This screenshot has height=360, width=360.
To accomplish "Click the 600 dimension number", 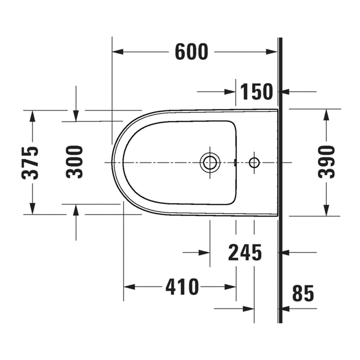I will pos(191,52).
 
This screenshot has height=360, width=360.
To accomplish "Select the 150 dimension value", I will pos(257,91).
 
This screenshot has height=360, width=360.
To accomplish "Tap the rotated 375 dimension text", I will pos(31,162).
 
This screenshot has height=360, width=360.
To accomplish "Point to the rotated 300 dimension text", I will pos(75,162).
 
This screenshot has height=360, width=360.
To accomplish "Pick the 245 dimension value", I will pos(245,253).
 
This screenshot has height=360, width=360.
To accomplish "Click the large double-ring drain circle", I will pos(210,162).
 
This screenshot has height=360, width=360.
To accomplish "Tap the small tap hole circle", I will pos(254,162).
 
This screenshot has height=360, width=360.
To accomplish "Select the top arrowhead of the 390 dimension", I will pos(327,115).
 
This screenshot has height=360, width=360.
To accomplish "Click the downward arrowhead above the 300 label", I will pos(76,115).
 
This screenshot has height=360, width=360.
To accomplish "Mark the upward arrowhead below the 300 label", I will pos(76,210).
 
